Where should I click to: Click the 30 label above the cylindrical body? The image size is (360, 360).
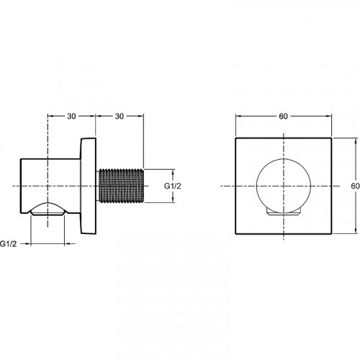pyautogui.click(x=71, y=116)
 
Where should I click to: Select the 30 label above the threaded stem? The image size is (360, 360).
pyautogui.click(x=120, y=116)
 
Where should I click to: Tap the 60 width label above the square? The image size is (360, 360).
pyautogui.click(x=283, y=116)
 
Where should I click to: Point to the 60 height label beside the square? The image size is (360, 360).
pyautogui.click(x=355, y=186)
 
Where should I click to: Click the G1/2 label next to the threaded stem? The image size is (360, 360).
pyautogui.click(x=173, y=186)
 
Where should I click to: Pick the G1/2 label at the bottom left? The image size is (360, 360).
pyautogui.click(x=9, y=244)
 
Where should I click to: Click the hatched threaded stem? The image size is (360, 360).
pyautogui.click(x=122, y=186)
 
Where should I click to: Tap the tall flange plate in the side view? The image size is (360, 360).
pyautogui.click(x=88, y=186)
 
